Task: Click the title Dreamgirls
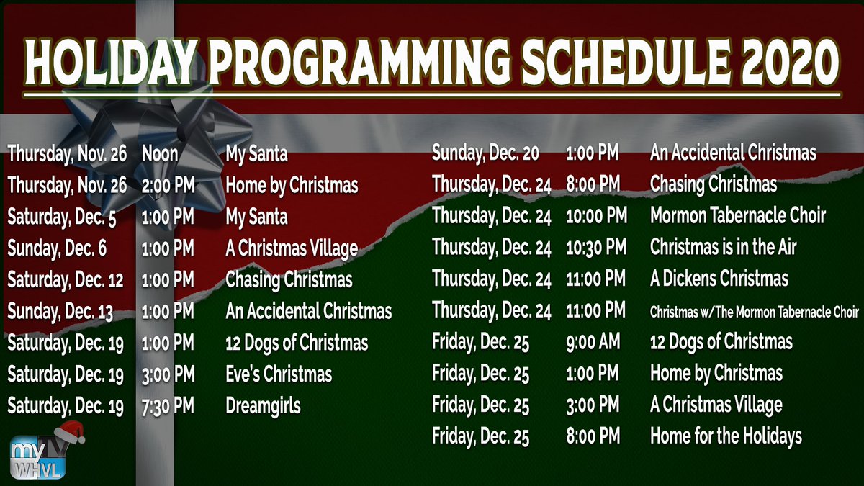pos(263,406)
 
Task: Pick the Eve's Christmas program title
pos(279,374)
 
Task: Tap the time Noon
pos(161,153)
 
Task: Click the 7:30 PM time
pos(168,406)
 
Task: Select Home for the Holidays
pos(726,436)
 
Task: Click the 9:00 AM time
pos(593,342)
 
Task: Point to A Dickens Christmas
pos(719,279)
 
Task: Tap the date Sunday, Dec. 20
pos(485,153)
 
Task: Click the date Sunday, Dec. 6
pos(58,248)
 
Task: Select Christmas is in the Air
pos(723,248)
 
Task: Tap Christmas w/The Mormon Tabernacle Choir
pos(754,312)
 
